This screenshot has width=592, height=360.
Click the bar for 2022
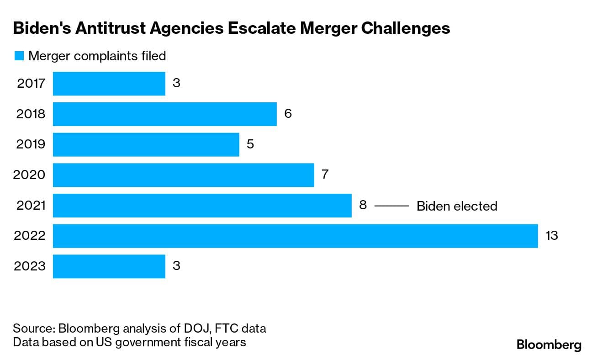[x=295, y=236]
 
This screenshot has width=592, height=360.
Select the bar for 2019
[x=146, y=144]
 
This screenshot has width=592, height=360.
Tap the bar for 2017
[x=109, y=83]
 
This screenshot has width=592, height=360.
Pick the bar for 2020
[x=183, y=175]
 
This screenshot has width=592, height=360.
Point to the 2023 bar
[x=109, y=266]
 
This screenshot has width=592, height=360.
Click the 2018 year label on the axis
[x=31, y=114]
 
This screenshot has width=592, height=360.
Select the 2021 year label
[x=31, y=206]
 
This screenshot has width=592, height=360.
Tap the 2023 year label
[x=30, y=266]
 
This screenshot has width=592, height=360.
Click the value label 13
[x=552, y=236]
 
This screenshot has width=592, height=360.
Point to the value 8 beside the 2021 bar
[x=363, y=206]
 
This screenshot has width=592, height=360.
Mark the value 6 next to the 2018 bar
[x=288, y=114]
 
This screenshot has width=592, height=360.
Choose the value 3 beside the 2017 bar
[x=176, y=83]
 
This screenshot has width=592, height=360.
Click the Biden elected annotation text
[x=457, y=206]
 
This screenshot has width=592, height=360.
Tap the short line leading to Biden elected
[x=391, y=206]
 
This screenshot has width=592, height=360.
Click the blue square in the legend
[x=19, y=56]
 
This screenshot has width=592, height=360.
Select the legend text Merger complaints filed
[x=97, y=56]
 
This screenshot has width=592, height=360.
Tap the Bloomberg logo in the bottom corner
[x=549, y=345]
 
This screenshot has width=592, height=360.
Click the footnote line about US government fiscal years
[x=129, y=342]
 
